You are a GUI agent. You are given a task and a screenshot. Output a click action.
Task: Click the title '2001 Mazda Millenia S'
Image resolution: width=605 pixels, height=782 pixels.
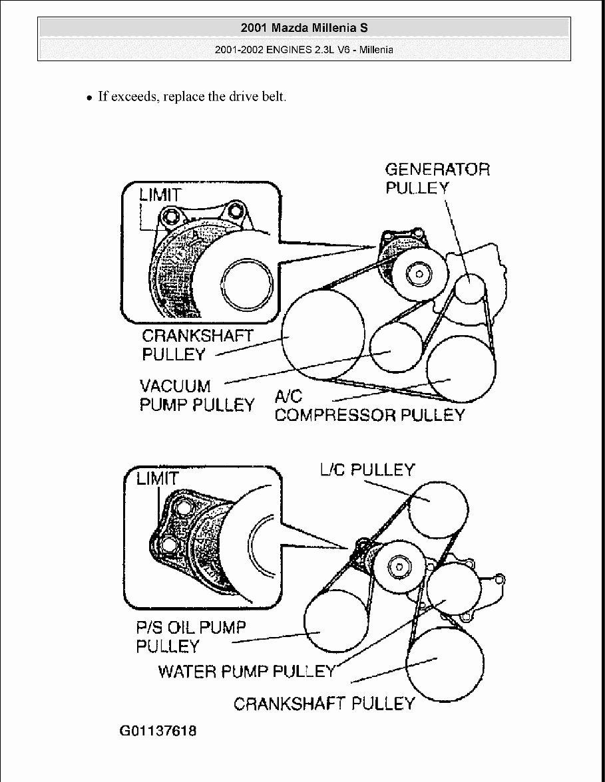tap(303, 28)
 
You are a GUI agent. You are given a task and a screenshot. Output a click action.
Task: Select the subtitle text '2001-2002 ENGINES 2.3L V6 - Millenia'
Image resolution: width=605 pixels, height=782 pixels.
tap(303, 50)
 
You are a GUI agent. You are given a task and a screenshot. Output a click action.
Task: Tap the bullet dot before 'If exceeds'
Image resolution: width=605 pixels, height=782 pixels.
tap(89, 97)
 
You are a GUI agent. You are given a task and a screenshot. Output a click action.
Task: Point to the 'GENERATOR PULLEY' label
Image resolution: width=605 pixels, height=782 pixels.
tap(437, 178)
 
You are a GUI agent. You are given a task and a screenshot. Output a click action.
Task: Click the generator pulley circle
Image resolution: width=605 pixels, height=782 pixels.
tap(471, 288)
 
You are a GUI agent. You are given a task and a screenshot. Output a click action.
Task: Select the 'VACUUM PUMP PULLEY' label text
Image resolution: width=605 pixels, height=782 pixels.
tap(196, 395)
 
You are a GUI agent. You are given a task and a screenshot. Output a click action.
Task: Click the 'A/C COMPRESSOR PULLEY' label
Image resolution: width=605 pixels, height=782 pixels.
tap(369, 406)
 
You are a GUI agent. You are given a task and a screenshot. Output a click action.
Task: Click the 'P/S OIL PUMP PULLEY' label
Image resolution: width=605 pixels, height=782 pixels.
tap(190, 636)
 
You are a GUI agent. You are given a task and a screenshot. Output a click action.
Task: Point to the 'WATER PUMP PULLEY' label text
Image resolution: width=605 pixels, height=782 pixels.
tap(247, 671)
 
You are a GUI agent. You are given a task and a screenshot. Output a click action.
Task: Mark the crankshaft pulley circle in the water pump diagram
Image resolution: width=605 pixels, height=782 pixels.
tap(442, 661)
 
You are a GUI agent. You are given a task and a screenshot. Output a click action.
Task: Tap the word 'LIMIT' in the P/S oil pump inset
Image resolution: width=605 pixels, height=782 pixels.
tap(157, 478)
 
